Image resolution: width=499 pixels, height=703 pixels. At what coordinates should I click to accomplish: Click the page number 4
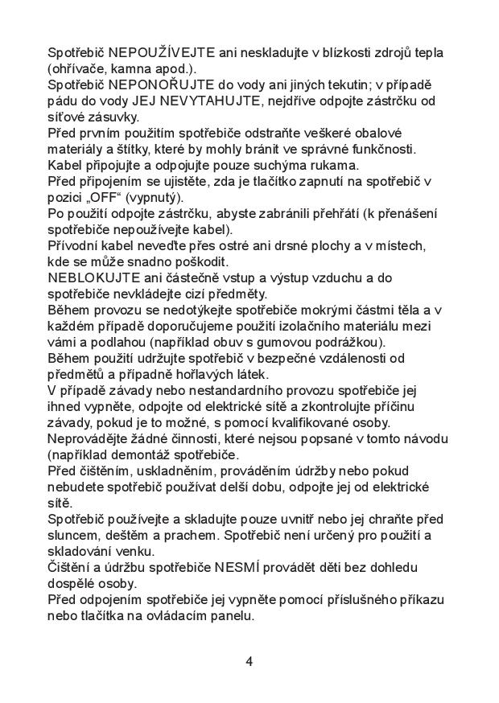tap(249, 662)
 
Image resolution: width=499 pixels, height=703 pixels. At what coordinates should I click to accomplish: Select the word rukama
tap(335, 165)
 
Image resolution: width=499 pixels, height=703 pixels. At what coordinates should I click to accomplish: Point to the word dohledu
tap(416, 568)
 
